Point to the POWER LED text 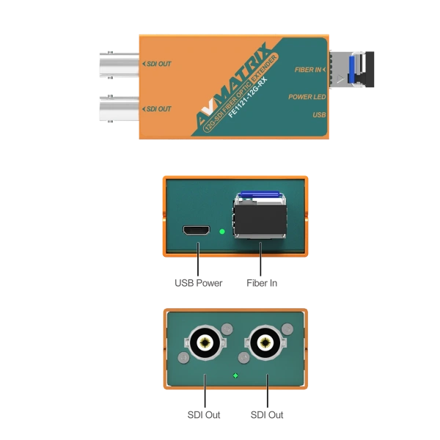(x=307, y=96)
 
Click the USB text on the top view (x=319, y=114)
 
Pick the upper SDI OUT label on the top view (x=158, y=65)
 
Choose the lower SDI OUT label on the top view (x=158, y=109)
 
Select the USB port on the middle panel (x=194, y=231)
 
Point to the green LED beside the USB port (x=222, y=232)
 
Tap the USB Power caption (x=197, y=282)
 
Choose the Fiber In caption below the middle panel (x=262, y=282)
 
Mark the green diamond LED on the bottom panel (x=235, y=375)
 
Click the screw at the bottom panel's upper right (x=288, y=329)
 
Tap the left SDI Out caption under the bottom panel (x=205, y=416)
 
